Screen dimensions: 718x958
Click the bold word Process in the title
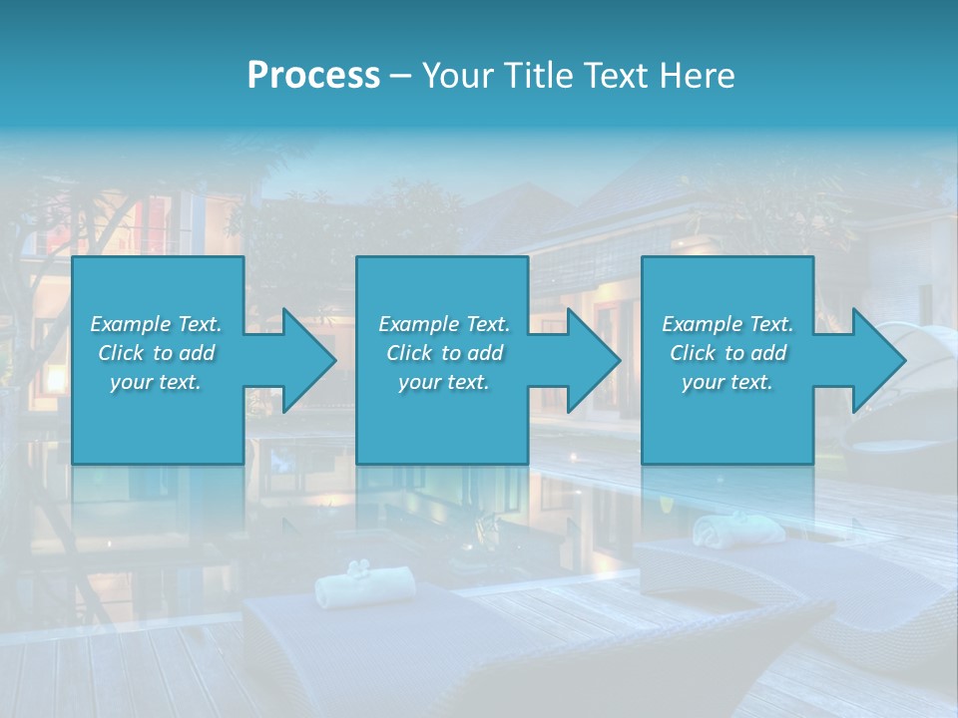coord(313,76)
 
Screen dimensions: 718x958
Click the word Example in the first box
coord(130,324)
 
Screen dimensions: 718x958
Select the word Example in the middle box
coord(418,324)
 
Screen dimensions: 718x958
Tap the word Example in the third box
coord(702,324)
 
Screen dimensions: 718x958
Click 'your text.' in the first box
coord(156,382)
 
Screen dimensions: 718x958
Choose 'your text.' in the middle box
coord(443,382)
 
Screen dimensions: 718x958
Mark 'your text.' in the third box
coord(727,382)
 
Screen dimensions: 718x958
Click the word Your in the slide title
coord(456,76)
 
